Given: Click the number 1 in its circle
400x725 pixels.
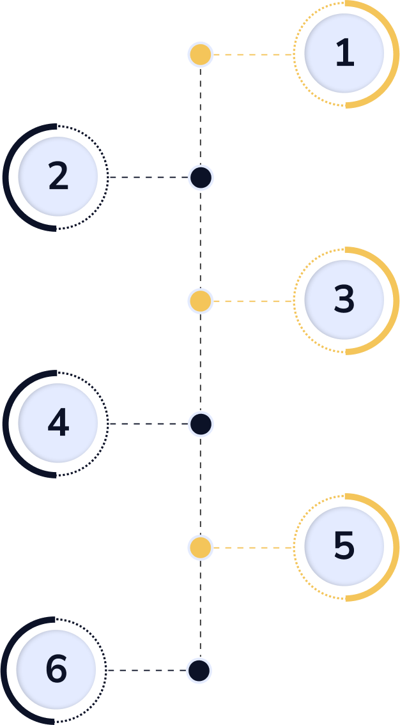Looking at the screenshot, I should pos(344,54).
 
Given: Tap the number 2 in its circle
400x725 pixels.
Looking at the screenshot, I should pos(58,177).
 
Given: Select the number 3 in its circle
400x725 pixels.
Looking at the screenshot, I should pos(344,300).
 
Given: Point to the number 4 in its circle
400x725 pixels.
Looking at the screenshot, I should pos(58,423).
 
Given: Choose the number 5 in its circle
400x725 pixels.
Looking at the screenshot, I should pos(344,546).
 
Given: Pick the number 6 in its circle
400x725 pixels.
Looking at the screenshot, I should pos(56,669).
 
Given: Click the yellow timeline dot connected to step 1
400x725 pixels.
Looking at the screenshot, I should pos(201,55).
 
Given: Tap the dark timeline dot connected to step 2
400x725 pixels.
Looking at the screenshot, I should pos(201,178).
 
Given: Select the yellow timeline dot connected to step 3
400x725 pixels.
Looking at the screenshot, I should pos(201,301).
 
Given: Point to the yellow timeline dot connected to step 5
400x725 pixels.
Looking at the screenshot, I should pos(201,547).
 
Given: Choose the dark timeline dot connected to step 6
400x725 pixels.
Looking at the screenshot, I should pos(199,671).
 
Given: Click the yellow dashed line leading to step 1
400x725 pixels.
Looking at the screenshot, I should pos(253,55).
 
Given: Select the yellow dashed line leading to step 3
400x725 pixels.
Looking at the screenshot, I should pos(253,301).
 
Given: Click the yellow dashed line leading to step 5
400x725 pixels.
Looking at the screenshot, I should pos(253,547).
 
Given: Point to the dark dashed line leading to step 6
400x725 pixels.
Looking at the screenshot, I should pos(146,671).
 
